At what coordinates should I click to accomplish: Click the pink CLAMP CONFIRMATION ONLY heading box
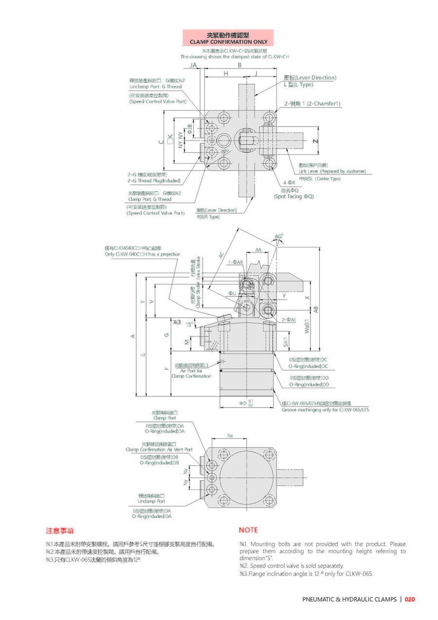click(x=228, y=38)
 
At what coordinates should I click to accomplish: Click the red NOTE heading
click(x=248, y=530)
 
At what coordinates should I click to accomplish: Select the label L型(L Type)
click(x=299, y=85)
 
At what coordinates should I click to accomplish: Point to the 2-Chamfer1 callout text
click(x=312, y=104)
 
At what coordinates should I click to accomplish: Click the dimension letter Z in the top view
click(x=315, y=141)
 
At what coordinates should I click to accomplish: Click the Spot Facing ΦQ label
click(x=293, y=196)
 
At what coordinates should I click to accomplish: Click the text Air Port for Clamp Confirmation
click(x=191, y=374)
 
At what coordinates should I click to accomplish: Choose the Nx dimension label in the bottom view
click(x=230, y=435)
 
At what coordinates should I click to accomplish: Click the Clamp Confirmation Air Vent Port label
click(x=159, y=450)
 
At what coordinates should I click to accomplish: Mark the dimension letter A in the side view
click(x=132, y=336)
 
